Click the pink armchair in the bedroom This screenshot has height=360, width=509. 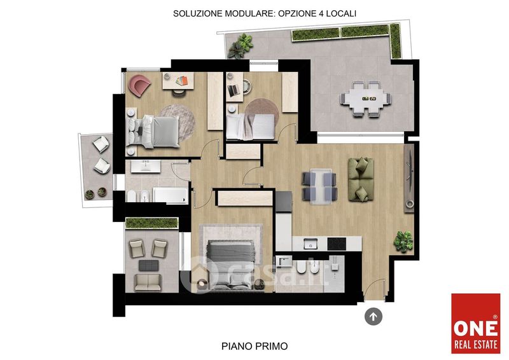pos(139,85)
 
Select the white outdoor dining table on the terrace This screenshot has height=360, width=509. pos(366,99)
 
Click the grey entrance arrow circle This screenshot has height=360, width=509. pos(373,316)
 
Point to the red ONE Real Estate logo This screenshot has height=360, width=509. pos(475,323)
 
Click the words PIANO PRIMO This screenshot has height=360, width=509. pos(254,346)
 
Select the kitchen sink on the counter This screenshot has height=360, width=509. pos(310,244)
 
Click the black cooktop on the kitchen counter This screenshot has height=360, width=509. pos(337,244)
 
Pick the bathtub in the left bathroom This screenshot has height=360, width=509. pos(171,195)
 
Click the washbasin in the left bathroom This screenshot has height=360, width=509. pos(146,167)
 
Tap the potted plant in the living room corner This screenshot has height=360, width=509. pos(403,241)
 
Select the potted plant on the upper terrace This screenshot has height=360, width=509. pos(241,46)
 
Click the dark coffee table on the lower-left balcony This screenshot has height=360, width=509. pos(149,265)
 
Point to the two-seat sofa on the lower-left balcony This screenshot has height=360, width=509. pos(148,282)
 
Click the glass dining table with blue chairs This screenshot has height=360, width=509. pos(320,186)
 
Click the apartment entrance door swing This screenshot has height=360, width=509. pos(373,289)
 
